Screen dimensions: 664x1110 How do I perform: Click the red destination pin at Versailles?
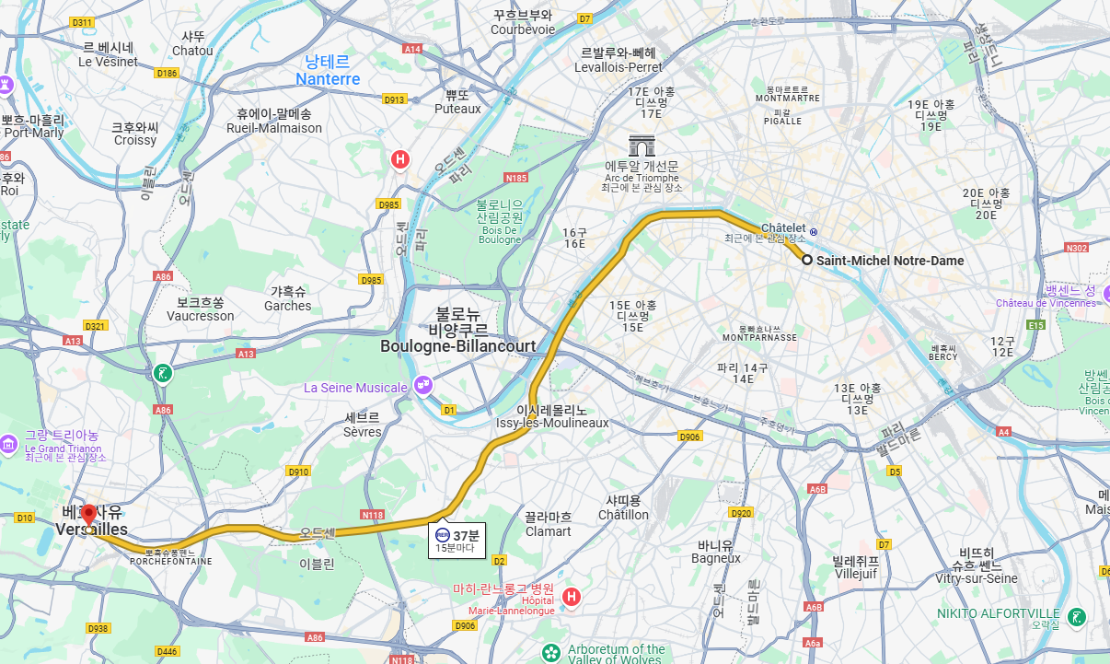pyautogui.click(x=88, y=515)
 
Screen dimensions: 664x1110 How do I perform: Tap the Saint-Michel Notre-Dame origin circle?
pyautogui.click(x=807, y=261)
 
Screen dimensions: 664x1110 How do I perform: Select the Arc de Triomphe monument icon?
pyautogui.click(x=642, y=146)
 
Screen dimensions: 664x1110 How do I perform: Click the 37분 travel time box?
pyautogui.click(x=458, y=541)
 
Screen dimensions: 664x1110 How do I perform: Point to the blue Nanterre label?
pyautogui.click(x=328, y=71)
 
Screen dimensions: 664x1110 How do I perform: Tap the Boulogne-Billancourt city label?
pyautogui.click(x=457, y=346)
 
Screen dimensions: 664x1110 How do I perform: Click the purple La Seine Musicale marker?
pyautogui.click(x=423, y=385)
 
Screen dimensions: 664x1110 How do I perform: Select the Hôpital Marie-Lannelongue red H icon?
pyautogui.click(x=572, y=597)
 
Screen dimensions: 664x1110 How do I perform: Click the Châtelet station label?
pyautogui.click(x=782, y=227)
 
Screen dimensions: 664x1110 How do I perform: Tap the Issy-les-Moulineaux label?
pyautogui.click(x=552, y=423)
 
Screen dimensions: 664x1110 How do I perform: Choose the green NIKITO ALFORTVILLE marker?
pyautogui.click(x=1077, y=615)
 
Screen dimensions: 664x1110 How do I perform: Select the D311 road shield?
pyautogui.click(x=82, y=22)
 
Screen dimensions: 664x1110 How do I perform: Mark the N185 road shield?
pyautogui.click(x=516, y=178)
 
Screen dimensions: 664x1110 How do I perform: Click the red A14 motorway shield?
pyautogui.click(x=412, y=49)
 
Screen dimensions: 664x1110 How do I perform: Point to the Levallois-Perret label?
pyautogui.click(x=618, y=67)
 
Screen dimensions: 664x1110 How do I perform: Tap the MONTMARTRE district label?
pyautogui.click(x=787, y=98)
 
